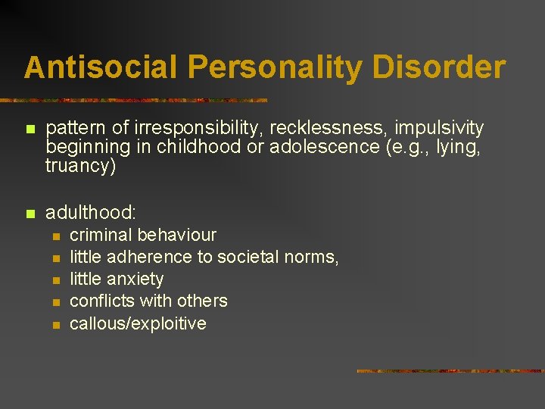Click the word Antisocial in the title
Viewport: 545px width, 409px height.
tap(101, 67)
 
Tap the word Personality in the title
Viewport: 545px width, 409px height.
tap(275, 67)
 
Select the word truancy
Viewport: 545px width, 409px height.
tap(79, 166)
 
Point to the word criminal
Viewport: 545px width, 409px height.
tap(101, 235)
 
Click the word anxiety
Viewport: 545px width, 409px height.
tap(135, 279)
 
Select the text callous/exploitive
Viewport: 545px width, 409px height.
tap(138, 323)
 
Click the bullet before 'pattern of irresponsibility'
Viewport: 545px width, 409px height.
tap(30, 130)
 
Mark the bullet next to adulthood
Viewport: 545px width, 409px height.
tap(30, 214)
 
